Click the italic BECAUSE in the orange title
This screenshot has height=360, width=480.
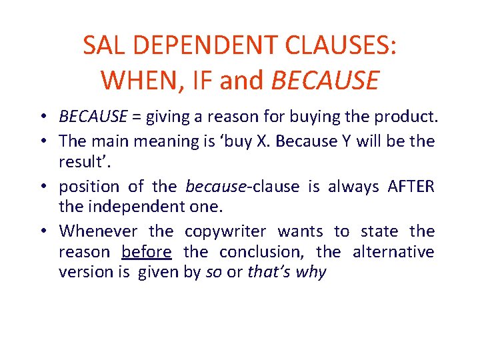coord(325,81)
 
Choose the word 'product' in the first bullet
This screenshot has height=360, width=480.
coord(406,118)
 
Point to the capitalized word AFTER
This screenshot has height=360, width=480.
coord(411,187)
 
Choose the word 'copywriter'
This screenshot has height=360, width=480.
coord(225,231)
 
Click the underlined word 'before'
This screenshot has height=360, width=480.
coord(147,252)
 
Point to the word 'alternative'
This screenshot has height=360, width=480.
coord(393,252)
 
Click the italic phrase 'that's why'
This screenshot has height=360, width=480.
coord(287,272)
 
